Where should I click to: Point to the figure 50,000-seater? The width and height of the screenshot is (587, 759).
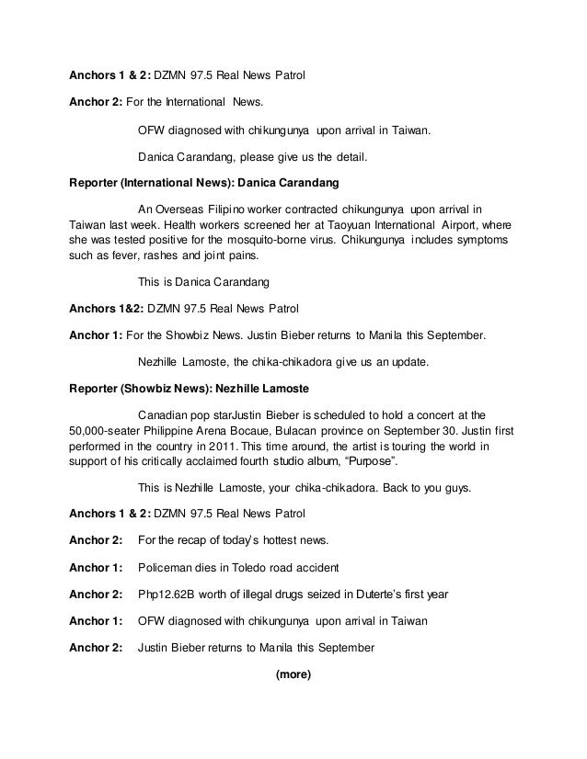point(112,430)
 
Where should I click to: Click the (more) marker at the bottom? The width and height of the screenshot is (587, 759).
point(293,674)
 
